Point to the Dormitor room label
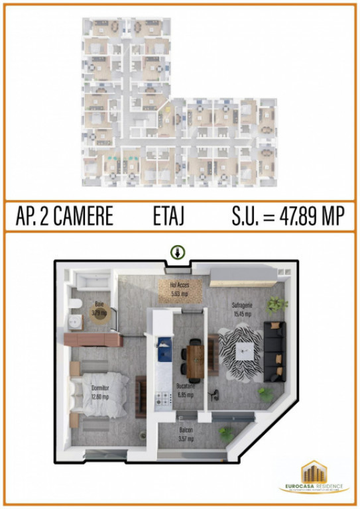coord(100,391)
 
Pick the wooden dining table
coord(194,359)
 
